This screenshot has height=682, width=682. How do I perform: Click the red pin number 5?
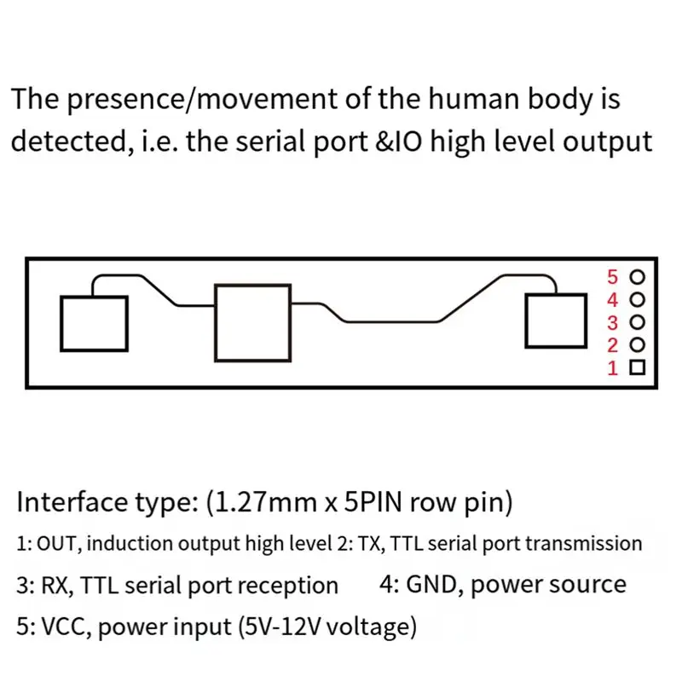tap(612, 277)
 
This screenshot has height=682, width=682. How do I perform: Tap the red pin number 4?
tap(612, 300)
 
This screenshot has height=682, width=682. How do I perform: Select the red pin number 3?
tap(612, 323)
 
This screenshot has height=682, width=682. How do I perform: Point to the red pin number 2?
tap(612, 345)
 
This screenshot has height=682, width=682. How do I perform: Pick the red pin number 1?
tap(613, 368)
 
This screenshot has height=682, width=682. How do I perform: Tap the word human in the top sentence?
tap(474, 99)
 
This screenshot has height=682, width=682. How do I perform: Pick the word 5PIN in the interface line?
tap(373, 502)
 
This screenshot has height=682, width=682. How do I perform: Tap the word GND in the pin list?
tap(431, 584)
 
